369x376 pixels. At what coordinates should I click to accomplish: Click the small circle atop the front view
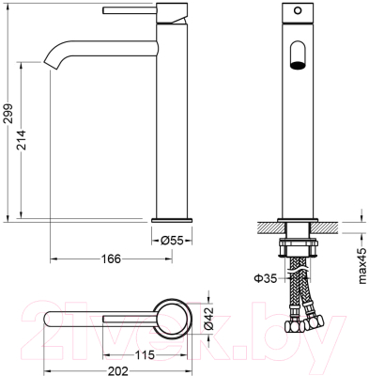coord(298,10)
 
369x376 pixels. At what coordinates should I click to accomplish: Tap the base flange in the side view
coord(172,221)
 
